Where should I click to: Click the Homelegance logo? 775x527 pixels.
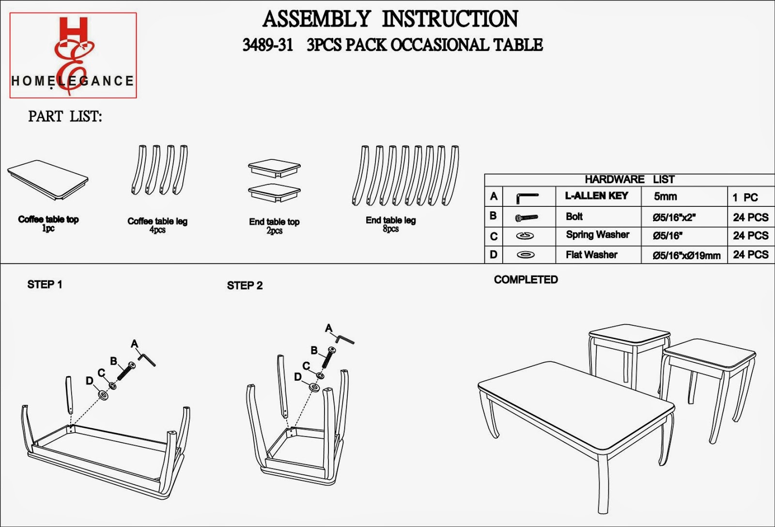pos(73,55)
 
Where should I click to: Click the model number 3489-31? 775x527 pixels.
pos(267,45)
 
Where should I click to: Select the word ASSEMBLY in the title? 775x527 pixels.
pos(316,19)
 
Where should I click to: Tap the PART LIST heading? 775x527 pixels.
pos(65,117)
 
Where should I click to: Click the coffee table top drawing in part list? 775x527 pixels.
pos(47,179)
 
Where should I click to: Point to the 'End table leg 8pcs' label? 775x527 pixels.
pos(390,224)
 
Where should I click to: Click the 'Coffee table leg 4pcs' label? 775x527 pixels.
pos(157,225)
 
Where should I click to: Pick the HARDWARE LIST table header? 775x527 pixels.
pos(629,179)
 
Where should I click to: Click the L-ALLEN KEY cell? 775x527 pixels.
pos(596,196)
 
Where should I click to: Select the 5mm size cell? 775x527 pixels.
pos(665,197)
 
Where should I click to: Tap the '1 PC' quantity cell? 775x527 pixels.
pos(745,198)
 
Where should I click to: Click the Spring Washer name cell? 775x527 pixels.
pos(597,235)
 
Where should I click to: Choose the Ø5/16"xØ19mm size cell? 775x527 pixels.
pos(686,255)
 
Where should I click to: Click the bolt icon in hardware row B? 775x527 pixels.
pos(527,217)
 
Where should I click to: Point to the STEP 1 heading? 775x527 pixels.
pos(45,285)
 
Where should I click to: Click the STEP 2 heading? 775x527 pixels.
pos(245,286)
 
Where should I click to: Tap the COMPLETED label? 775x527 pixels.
pos(526,280)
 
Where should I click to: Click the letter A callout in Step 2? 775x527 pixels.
pos(329,328)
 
